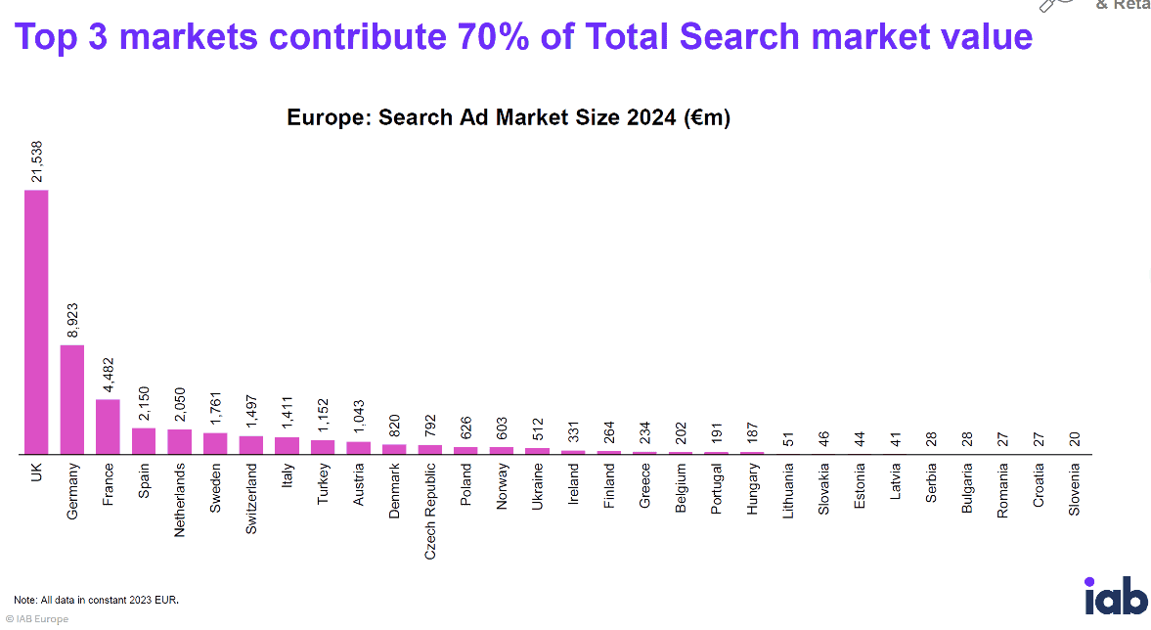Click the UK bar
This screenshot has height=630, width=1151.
point(36,322)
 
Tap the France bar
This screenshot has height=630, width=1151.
point(108,427)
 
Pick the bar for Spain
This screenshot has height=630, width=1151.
point(144,441)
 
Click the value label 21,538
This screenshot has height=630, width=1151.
point(37,160)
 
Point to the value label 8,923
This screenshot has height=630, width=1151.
point(73,320)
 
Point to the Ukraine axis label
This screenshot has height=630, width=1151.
point(538,486)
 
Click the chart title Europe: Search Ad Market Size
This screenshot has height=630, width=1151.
point(509,118)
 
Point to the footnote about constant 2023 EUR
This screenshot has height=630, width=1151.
point(96,599)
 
